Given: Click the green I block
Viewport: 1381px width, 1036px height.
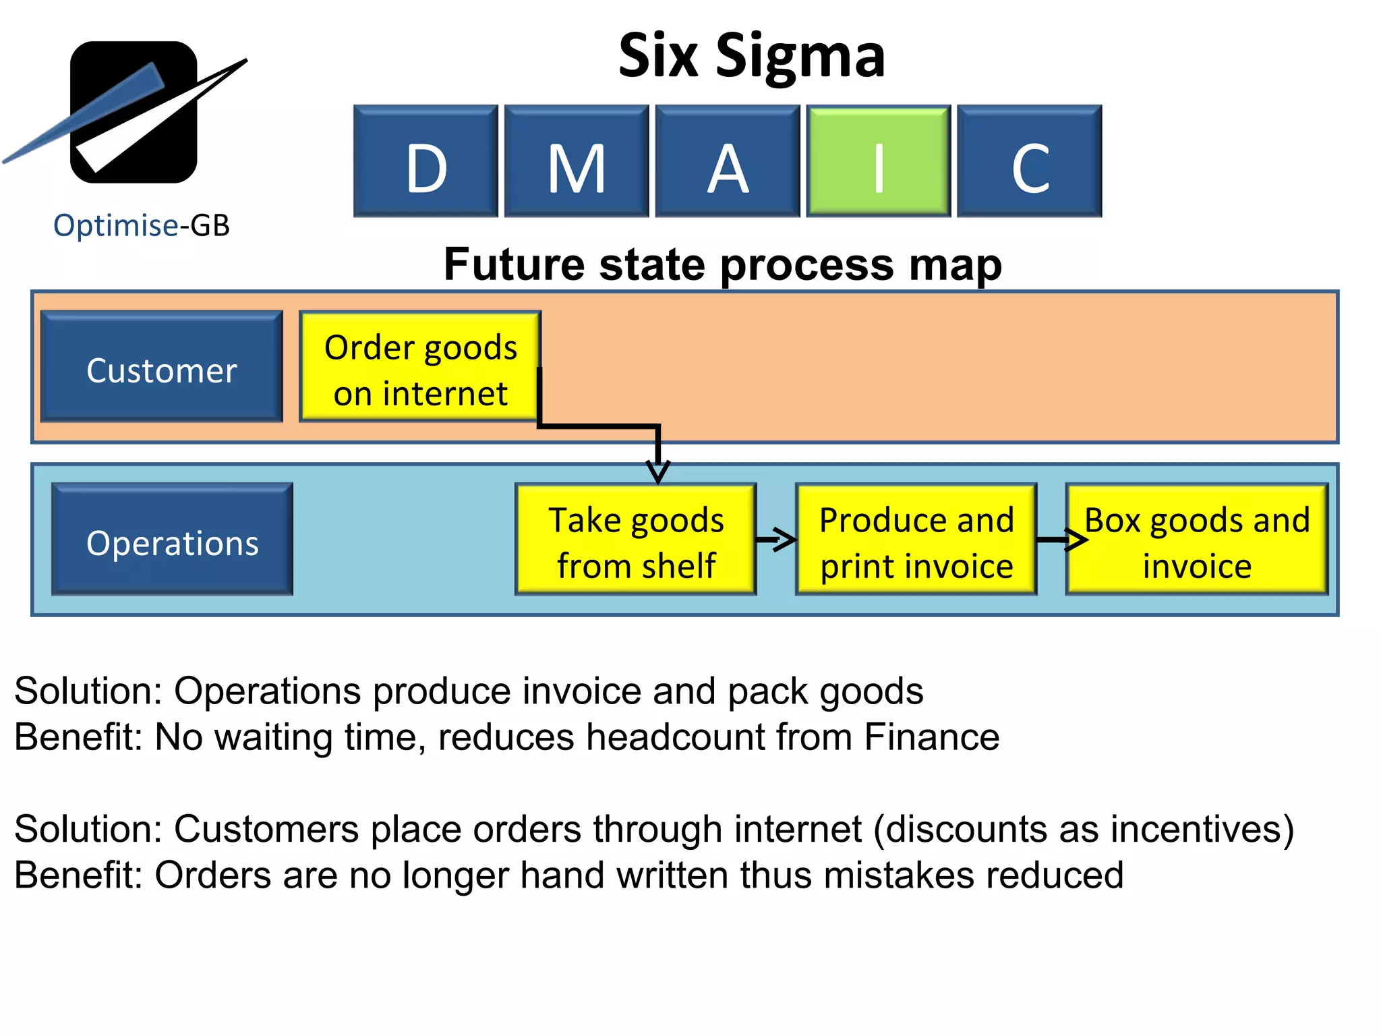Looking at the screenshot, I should pos(878,161).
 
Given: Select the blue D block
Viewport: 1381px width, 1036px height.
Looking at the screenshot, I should pos(425,161).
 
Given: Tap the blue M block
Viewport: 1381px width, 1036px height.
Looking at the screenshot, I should pos(577,161).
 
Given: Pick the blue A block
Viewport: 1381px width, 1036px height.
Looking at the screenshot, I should pos(728,161).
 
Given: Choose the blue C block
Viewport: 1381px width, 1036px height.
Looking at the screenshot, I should pos(1029,161).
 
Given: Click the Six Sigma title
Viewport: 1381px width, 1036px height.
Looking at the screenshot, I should pos(751,56).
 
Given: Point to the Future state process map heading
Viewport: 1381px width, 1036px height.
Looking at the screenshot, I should pos(722,264).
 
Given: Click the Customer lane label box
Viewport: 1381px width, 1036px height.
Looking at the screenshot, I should pos(162,367).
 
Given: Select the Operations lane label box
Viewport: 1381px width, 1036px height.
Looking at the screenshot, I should pos(173,539).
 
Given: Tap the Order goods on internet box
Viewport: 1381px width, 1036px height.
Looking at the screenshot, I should pos(420,367).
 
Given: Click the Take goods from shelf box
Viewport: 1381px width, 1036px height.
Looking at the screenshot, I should pos(635,540).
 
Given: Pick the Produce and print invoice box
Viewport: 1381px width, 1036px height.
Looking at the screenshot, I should pos(916,540).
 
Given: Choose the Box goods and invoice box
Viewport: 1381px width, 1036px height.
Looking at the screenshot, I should pos(1197,540).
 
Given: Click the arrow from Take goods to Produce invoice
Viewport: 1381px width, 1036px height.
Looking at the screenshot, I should pos(776,539).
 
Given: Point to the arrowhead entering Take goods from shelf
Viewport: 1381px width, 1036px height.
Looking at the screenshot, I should pos(658,471).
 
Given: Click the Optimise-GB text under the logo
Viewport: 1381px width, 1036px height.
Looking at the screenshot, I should pos(142,225).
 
